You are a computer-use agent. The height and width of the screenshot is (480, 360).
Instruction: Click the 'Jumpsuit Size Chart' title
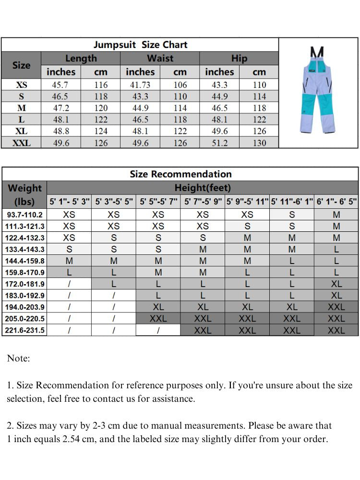click(140, 45)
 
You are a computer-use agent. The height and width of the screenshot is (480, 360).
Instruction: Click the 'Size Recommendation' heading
click(180, 174)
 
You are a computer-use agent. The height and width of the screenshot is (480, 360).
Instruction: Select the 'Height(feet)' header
click(203, 188)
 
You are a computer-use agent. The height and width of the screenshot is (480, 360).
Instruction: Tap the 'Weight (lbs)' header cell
click(25, 194)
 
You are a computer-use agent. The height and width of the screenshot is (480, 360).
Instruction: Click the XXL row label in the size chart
click(22, 143)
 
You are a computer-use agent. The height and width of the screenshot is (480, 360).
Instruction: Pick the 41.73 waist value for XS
click(140, 85)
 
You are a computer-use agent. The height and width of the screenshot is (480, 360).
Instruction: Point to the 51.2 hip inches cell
click(219, 143)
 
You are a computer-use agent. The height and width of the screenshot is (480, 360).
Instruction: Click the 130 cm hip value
click(259, 143)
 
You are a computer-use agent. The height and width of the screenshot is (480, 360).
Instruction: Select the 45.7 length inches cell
click(61, 85)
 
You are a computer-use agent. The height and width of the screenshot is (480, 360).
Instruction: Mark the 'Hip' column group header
click(239, 59)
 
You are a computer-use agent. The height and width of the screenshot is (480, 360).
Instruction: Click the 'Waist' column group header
click(160, 59)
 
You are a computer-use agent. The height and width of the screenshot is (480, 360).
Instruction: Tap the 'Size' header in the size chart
click(21, 65)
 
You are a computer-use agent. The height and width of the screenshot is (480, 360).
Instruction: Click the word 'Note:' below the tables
click(18, 358)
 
